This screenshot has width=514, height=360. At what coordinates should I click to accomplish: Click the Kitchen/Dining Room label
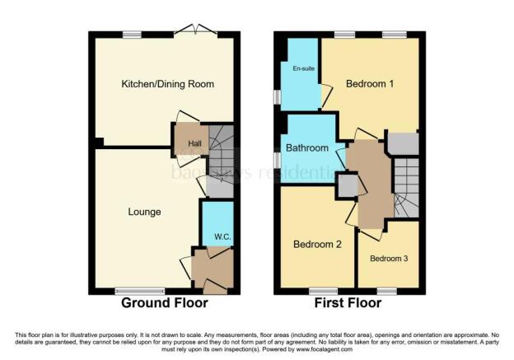[x=167, y=85]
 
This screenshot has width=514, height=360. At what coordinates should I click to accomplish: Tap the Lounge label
[x=144, y=212]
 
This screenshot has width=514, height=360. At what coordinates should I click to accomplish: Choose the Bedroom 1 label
[x=370, y=84]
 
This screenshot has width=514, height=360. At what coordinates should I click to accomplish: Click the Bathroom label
[x=306, y=148]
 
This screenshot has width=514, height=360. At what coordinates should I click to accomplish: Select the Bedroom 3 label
[x=388, y=259]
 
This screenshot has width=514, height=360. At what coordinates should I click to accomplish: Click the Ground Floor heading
[x=165, y=303]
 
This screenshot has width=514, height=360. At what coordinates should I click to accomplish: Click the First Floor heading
[x=348, y=303]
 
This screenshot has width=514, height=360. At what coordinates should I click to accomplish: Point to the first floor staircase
[x=408, y=189]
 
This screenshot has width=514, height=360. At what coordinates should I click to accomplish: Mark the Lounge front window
[x=138, y=290]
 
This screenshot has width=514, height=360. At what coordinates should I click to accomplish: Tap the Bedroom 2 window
[x=319, y=290]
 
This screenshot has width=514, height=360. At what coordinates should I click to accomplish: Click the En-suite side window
[x=278, y=96]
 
